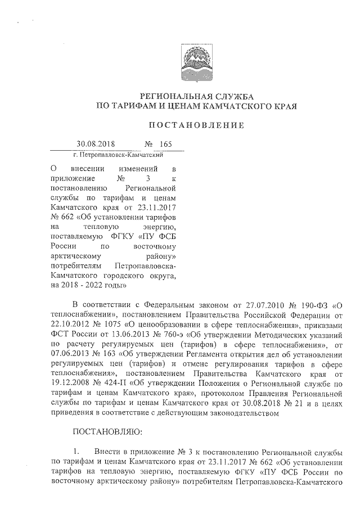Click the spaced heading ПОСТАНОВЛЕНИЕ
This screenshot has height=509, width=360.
[196, 125]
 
